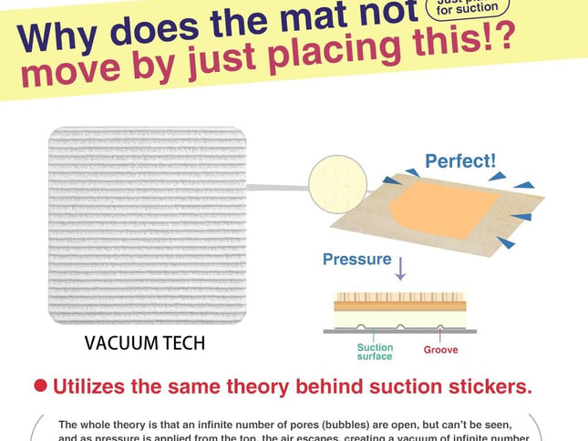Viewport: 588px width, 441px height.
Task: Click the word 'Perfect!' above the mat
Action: point(460,162)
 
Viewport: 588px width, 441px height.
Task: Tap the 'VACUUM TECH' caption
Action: point(145,344)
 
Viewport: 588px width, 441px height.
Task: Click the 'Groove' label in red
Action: point(440,350)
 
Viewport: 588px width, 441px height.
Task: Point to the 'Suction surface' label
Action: point(375,352)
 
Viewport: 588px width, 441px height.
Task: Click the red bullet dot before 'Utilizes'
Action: point(40,385)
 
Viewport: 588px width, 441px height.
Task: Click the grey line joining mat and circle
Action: point(278,188)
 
